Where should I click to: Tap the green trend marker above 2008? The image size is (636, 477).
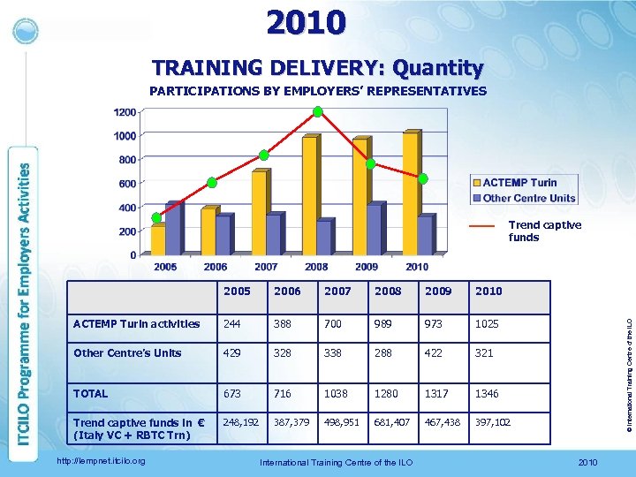tap(317, 111)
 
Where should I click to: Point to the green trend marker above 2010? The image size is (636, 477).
tap(423, 178)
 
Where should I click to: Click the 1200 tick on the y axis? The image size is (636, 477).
tap(124, 112)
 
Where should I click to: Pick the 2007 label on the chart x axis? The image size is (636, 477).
tap(266, 266)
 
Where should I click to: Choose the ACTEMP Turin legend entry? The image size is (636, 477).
tap(519, 183)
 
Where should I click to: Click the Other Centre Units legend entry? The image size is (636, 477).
tap(527, 198)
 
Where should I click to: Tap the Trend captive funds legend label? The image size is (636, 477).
tap(544, 231)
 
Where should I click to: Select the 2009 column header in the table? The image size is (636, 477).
tap(437, 291)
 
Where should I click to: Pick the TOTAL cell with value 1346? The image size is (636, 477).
tap(488, 394)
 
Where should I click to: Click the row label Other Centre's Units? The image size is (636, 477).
tap(128, 353)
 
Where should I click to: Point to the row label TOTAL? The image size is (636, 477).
tap(92, 394)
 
